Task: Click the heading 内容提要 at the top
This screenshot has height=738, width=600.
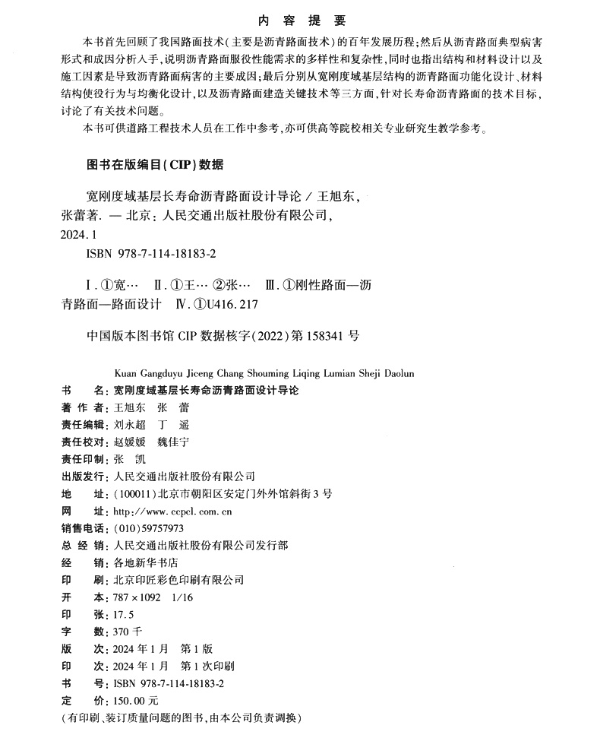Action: [302, 21]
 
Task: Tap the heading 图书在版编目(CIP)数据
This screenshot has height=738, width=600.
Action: [151, 163]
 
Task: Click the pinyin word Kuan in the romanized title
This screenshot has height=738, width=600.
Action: [123, 373]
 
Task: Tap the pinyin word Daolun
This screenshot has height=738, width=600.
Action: [397, 373]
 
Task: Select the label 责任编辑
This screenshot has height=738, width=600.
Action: [84, 425]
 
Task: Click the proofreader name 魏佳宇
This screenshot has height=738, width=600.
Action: [172, 442]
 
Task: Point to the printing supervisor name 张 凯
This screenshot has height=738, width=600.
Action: [128, 459]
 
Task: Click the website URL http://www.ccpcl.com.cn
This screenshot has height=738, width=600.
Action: [172, 511]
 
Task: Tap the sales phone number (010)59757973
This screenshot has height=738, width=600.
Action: [148, 528]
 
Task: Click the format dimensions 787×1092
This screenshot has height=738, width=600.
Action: [136, 597]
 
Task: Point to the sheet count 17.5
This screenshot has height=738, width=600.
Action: [123, 614]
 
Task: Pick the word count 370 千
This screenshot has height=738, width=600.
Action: [127, 631]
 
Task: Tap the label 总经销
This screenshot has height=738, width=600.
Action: [84, 545]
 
